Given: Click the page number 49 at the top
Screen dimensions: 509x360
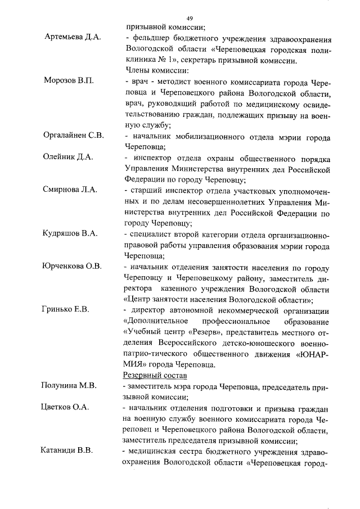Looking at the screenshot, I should tap(190, 18).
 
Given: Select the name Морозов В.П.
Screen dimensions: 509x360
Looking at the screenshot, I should tap(69, 81).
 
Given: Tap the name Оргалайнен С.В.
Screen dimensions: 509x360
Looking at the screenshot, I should tap(74, 136).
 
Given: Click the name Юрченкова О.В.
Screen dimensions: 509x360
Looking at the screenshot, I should tap(72, 266).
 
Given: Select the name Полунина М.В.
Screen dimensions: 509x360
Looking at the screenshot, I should tap(70, 386).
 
